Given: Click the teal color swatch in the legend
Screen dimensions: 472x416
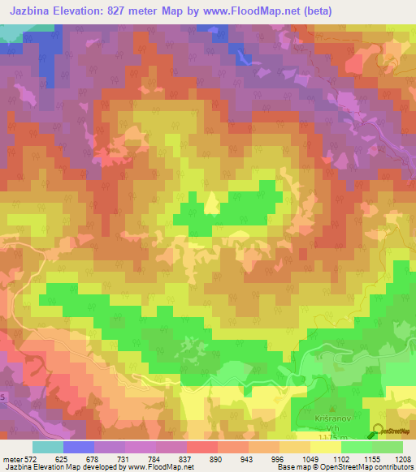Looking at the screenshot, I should pyautogui.click(x=48, y=447).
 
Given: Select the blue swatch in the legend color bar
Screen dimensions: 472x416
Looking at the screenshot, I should pyautogui.click(x=79, y=447).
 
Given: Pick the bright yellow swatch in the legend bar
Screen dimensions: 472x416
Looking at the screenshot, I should pyautogui.click(x=326, y=447).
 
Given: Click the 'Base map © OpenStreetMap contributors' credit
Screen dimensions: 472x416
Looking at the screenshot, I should pyautogui.click(x=344, y=468).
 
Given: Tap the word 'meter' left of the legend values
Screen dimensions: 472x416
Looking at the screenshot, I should pyautogui.click(x=11, y=458).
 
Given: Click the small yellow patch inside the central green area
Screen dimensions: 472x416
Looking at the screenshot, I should pyautogui.click(x=211, y=204).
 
